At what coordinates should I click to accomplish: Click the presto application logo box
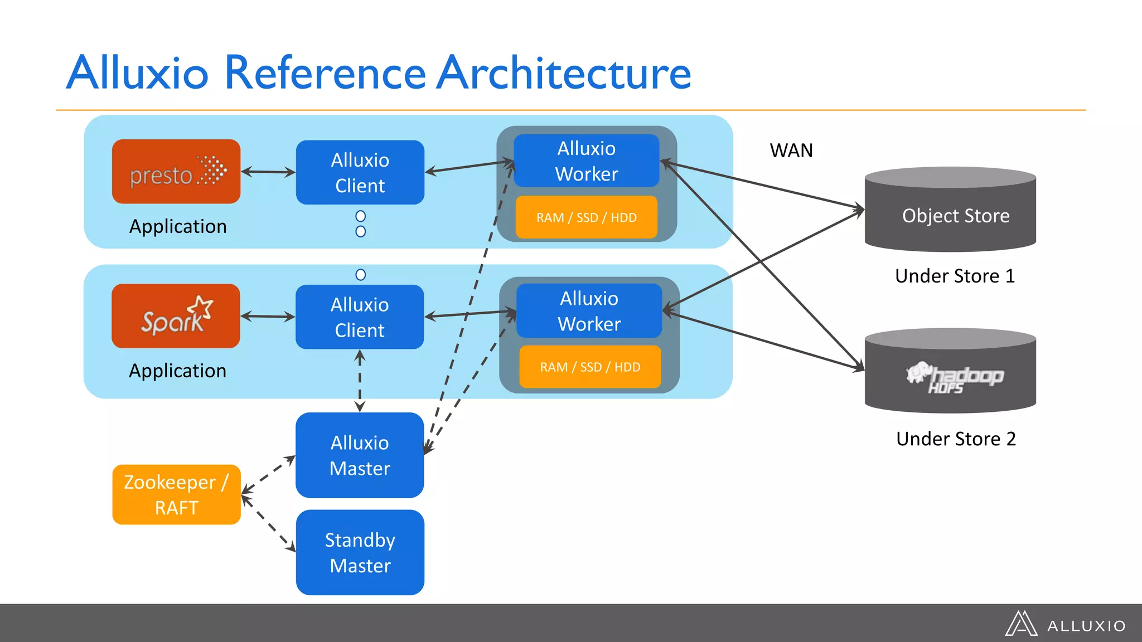coord(176,171)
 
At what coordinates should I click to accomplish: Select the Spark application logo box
coord(176,316)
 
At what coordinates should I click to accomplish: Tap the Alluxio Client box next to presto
coord(360,172)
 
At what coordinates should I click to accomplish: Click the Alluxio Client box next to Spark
coord(360,317)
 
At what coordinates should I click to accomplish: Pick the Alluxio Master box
coord(360,455)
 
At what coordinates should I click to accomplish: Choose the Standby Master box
coord(360,552)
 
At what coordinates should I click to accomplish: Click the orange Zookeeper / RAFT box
coord(176,494)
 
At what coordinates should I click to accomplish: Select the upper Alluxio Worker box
coord(586,160)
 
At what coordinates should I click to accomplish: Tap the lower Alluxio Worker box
coord(589,310)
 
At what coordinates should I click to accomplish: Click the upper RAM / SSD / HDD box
coord(586,217)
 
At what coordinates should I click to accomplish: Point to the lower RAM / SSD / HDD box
coord(590,367)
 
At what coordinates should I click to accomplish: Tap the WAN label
coord(791,150)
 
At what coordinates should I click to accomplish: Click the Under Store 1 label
coord(955,276)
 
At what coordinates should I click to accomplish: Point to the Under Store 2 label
coord(956,439)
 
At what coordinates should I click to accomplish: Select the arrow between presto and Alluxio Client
coord(268,172)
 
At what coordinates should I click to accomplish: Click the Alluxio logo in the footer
coord(1065,624)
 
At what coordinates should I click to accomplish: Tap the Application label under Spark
coord(177,371)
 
